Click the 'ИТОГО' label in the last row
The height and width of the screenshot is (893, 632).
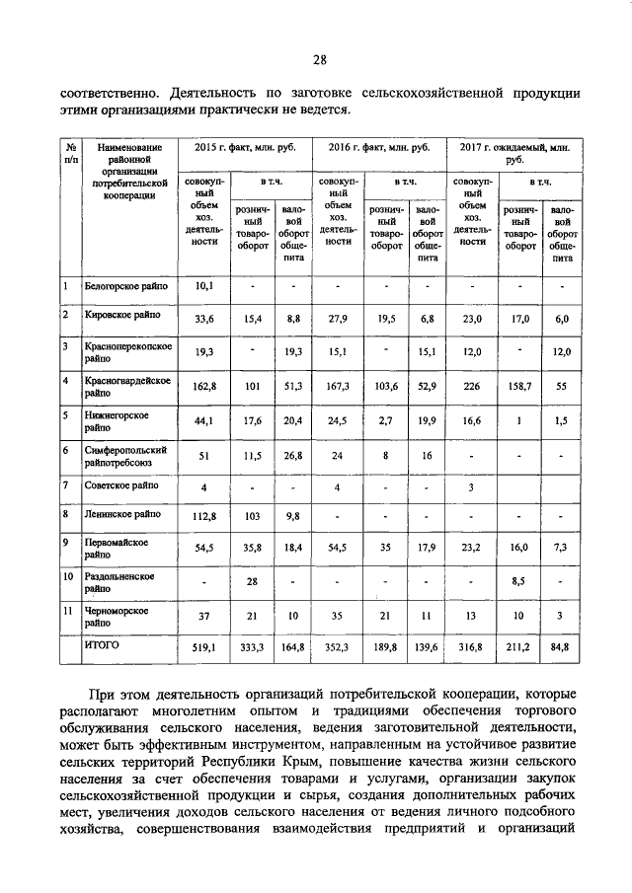click(102, 646)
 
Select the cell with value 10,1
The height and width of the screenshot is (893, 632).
click(204, 286)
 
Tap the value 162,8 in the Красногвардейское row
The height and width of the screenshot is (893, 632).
click(204, 387)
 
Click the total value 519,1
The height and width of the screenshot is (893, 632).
click(204, 647)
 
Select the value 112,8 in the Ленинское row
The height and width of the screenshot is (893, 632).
click(204, 513)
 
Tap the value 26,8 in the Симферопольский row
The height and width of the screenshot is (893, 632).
click(292, 455)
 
